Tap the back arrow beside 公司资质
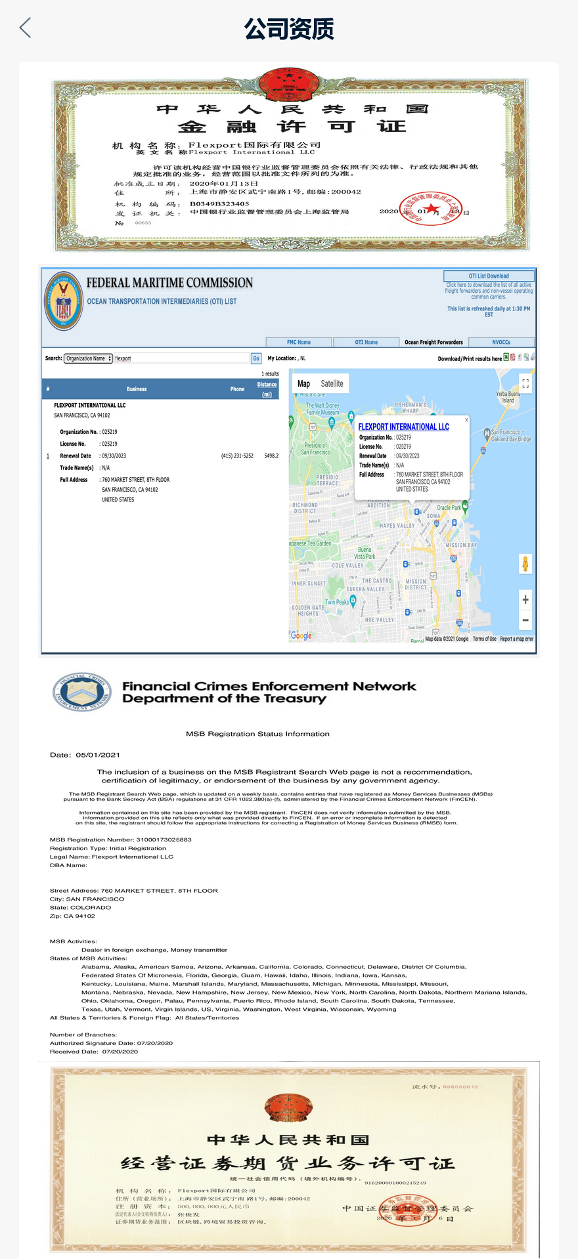tap(25, 28)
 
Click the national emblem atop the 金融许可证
tap(290, 85)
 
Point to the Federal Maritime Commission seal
tap(64, 301)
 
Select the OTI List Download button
tap(489, 276)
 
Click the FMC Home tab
tap(298, 342)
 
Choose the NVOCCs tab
tap(501, 342)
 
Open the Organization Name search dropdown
tap(89, 358)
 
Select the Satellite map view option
tap(332, 383)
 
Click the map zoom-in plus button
tap(525, 599)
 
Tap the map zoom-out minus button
tap(525, 620)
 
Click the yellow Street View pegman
tap(525, 563)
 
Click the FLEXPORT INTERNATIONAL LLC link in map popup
tap(403, 427)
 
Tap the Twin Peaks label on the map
tap(337, 602)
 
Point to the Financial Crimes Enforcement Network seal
tap(82, 692)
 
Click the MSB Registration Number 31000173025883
tap(164, 840)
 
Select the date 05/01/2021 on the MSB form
tap(98, 755)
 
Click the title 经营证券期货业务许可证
tap(288, 1164)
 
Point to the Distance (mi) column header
tap(267, 389)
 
